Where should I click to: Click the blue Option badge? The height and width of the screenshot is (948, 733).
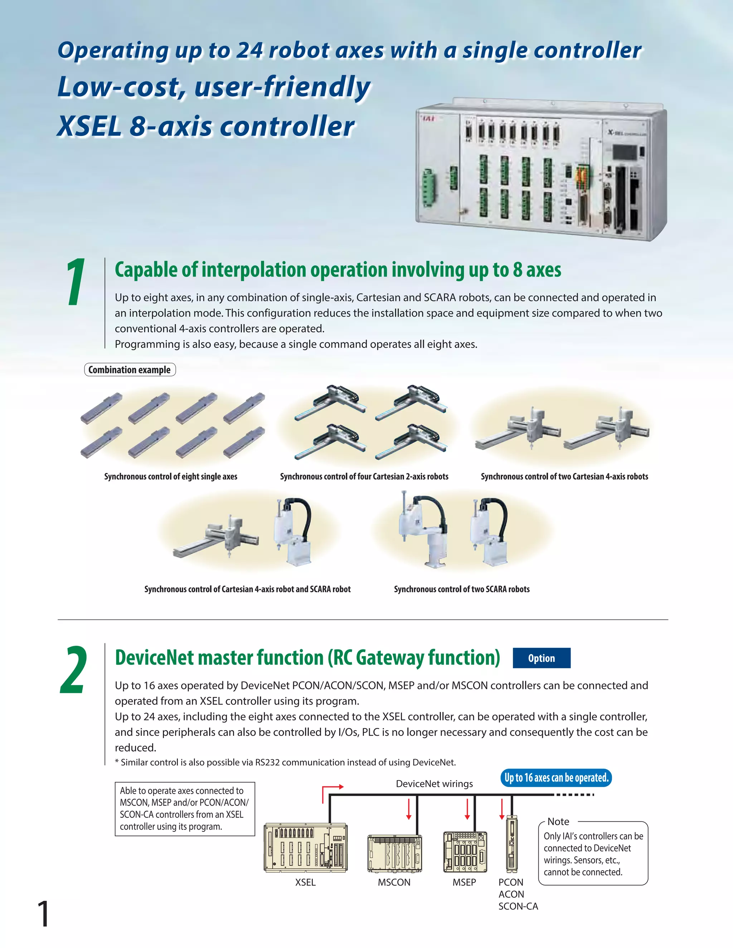coord(541,658)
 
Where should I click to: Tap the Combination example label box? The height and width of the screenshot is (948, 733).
coord(130,370)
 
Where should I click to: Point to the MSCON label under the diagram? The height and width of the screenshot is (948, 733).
coord(394,883)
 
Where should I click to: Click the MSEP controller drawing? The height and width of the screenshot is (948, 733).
coord(465,852)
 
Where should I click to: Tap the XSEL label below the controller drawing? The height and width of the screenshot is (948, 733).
coord(305,883)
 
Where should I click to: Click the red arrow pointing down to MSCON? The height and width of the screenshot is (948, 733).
coord(409,809)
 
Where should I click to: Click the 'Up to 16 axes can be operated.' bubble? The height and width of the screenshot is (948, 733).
coord(556,777)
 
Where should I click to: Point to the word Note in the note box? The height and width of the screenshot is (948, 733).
coord(558,821)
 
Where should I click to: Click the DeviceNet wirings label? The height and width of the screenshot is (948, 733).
coord(434,783)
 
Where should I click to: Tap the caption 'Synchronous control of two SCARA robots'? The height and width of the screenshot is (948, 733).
coord(462,589)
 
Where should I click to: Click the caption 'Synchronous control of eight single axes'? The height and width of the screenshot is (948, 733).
coord(171,476)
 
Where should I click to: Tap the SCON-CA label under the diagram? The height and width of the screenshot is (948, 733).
coord(518,907)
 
